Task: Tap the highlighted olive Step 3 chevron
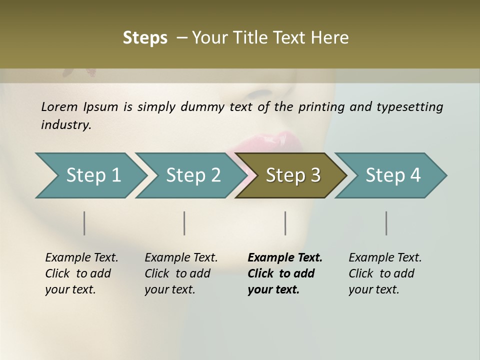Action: tap(292, 175)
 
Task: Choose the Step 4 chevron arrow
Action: tap(392, 175)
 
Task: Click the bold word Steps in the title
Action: tap(145, 38)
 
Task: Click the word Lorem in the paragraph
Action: tap(59, 107)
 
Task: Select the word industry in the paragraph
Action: tap(66, 124)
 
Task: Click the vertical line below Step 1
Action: tap(84, 223)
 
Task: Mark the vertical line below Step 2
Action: tap(184, 223)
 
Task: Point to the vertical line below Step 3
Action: tap(285, 223)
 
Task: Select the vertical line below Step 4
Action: tap(386, 223)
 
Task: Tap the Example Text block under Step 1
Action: tap(81, 273)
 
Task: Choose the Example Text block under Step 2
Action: tap(181, 273)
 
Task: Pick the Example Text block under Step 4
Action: tap(385, 273)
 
